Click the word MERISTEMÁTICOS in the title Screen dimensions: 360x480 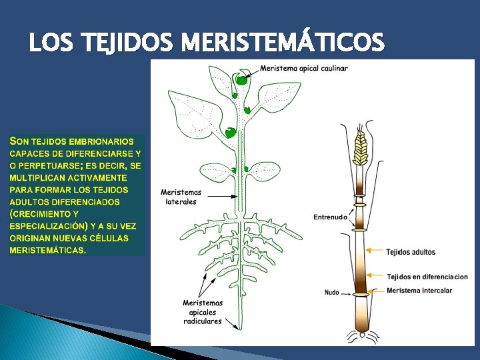[283, 43]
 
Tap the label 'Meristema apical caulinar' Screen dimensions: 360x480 [304, 68]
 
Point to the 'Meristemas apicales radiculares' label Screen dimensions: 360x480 [203, 312]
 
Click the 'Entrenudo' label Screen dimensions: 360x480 [330, 217]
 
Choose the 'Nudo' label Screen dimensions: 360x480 [332, 292]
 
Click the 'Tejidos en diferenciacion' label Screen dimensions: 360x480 [427, 277]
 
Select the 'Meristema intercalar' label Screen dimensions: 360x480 [419, 290]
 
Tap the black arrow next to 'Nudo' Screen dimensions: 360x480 [348, 292]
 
